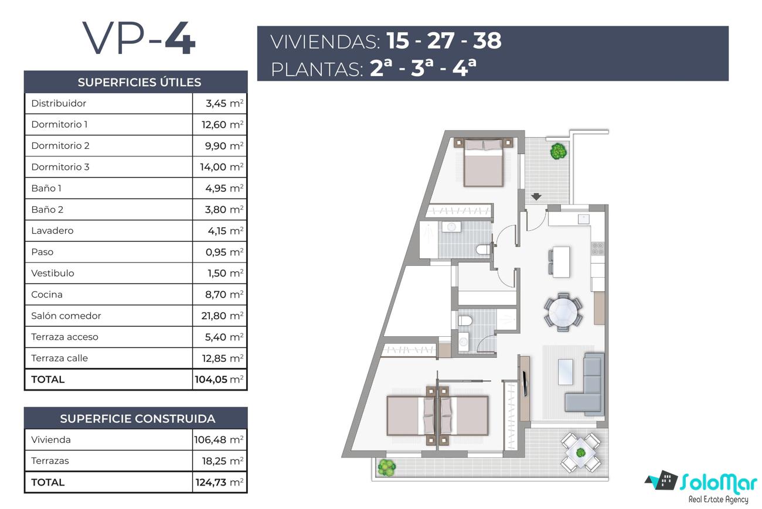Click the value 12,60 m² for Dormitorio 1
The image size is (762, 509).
[x=223, y=124]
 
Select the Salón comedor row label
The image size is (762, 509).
[x=66, y=316]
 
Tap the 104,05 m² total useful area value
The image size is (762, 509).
[x=219, y=380]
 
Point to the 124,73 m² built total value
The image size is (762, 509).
[x=219, y=482]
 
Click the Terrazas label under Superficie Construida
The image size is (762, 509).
[x=50, y=461]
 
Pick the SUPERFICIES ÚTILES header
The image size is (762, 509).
[x=140, y=82]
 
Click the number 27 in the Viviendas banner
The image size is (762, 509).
[x=441, y=40]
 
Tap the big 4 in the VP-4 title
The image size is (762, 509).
[x=181, y=37]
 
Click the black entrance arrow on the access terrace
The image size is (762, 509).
[x=536, y=197]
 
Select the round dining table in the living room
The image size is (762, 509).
[x=563, y=312]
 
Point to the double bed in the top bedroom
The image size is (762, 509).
[x=483, y=162]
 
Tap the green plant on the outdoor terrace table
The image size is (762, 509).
[x=581, y=453]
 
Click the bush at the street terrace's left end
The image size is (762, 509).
[x=387, y=467]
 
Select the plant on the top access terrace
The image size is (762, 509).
[x=559, y=151]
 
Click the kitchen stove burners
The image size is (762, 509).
[x=598, y=248]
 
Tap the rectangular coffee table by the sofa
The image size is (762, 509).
[x=566, y=372]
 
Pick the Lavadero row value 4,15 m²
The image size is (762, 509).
[x=226, y=231]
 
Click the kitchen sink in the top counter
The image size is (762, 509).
[x=584, y=218]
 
